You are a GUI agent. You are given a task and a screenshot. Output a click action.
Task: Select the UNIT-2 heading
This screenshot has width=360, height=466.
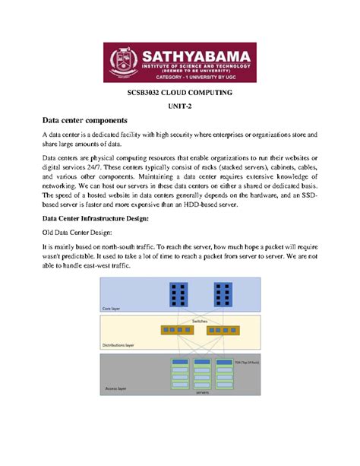click(x=180, y=109)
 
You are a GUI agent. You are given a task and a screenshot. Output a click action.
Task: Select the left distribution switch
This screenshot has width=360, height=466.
click(x=177, y=330)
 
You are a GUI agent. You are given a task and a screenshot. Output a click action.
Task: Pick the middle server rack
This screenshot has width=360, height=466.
click(x=201, y=378)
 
